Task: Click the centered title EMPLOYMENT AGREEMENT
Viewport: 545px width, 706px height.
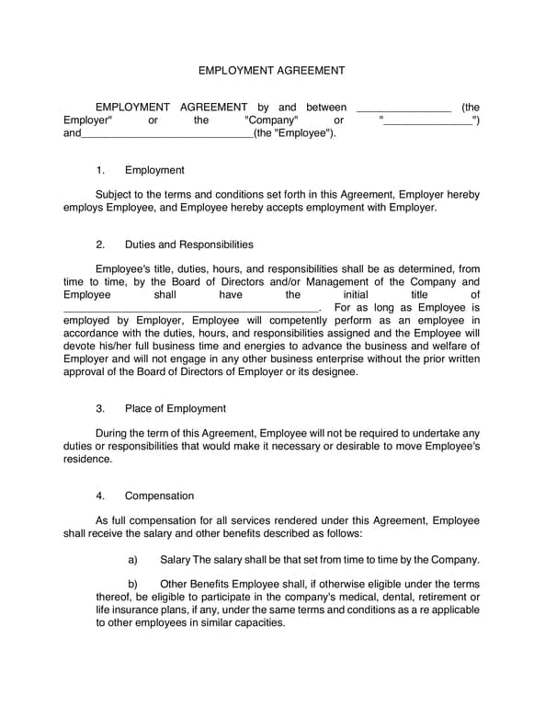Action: coord(272,70)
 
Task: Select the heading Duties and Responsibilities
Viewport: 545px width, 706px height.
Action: coord(188,245)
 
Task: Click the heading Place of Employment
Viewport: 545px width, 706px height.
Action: coord(175,408)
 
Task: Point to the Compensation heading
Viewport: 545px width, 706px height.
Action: coord(159,495)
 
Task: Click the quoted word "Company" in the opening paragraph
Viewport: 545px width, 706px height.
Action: coord(271,120)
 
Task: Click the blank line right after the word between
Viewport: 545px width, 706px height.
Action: coord(403,108)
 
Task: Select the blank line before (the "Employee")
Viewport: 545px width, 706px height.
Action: coord(166,134)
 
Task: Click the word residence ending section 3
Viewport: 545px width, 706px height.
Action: coord(87,459)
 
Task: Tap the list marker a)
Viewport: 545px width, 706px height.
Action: coord(132,559)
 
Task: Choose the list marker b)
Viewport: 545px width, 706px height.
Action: coord(132,584)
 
